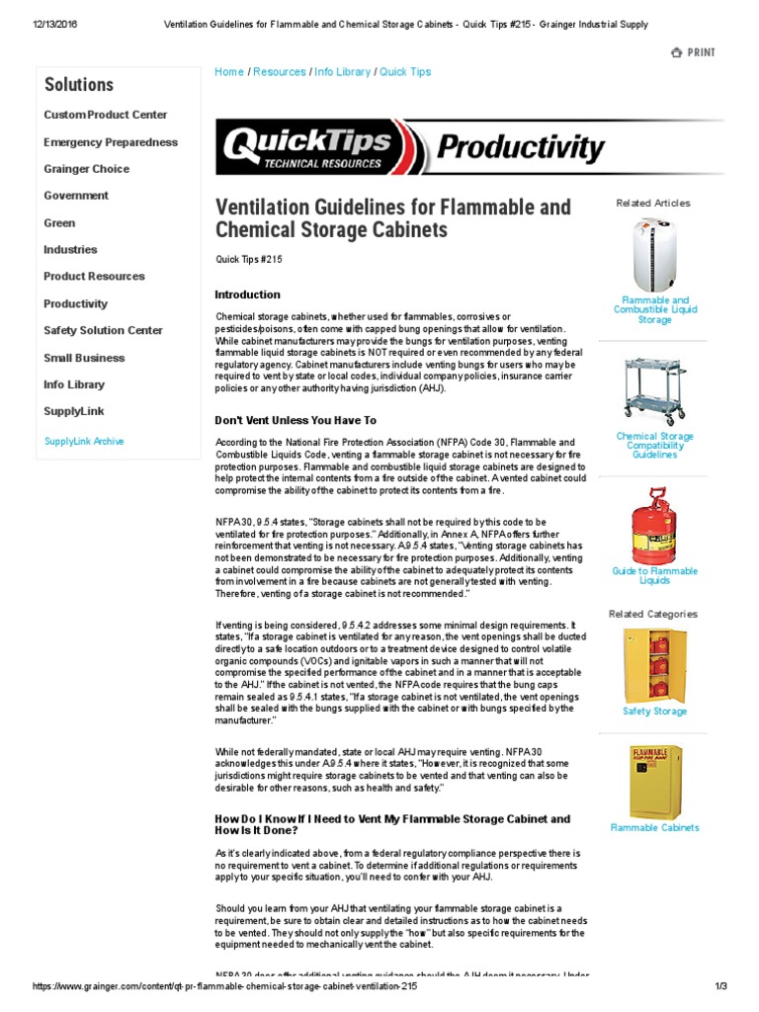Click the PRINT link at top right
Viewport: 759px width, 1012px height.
[x=694, y=52]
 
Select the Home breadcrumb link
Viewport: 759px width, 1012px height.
[x=229, y=72]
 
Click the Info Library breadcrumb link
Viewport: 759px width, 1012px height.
[x=343, y=72]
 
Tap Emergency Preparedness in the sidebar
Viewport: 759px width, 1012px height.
[x=111, y=142]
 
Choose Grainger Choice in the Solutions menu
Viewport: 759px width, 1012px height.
[x=86, y=169]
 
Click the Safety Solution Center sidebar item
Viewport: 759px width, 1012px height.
[x=103, y=330]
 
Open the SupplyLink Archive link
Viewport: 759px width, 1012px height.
[x=84, y=442]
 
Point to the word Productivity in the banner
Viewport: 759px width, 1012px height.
[x=520, y=149]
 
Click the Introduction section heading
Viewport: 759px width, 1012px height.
[x=247, y=295]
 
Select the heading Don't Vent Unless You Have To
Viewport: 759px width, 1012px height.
[x=295, y=420]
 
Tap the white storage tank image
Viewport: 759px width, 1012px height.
[x=653, y=255]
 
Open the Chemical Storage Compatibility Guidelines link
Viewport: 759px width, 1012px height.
[x=654, y=446]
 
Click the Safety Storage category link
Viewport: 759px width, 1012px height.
[x=654, y=712]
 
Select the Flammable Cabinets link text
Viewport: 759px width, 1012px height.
[x=654, y=828]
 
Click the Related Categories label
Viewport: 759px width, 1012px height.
[x=653, y=614]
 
